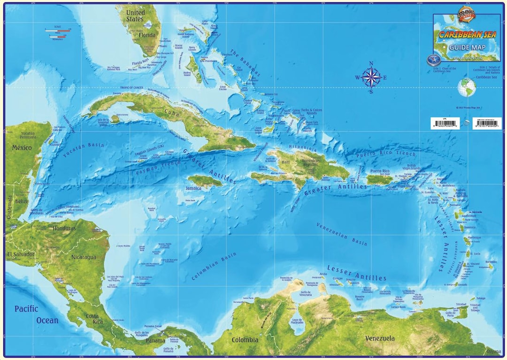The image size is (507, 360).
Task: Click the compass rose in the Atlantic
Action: coord(371,77)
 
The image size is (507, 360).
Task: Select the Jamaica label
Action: coord(193,188)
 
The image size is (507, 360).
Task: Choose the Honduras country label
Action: coord(64,228)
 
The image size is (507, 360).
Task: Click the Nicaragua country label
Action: coord(84,257)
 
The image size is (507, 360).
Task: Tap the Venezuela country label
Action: coord(380,338)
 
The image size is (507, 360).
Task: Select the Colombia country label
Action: coord(245,339)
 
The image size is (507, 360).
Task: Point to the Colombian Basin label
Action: coord(214,267)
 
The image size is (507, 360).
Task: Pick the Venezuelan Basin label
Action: coord(341,234)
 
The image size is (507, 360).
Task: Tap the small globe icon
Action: coord(467,87)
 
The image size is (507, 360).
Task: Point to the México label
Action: coord(22,148)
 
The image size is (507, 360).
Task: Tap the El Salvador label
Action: coord(21,254)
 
